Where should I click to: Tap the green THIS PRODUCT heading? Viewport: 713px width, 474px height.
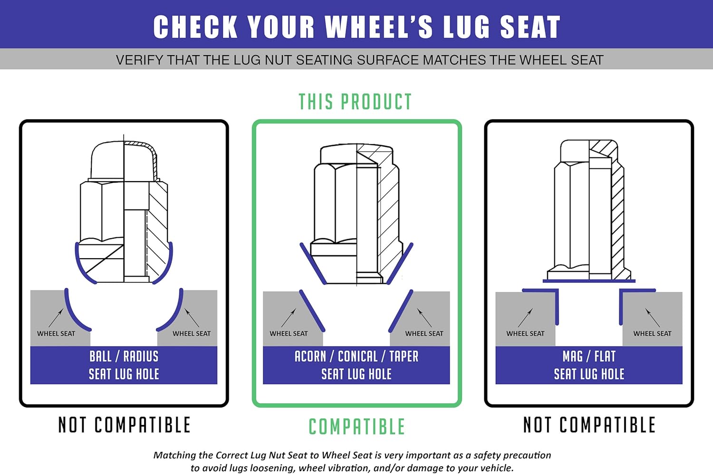[355, 102]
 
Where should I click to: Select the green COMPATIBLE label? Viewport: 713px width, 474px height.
[356, 426]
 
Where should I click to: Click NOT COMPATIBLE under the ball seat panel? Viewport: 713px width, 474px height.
[124, 425]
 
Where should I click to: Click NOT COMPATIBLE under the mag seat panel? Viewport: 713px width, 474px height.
[589, 425]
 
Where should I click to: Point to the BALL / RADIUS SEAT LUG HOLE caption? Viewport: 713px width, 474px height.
[124, 365]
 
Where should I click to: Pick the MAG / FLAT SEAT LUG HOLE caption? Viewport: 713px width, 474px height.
[589, 365]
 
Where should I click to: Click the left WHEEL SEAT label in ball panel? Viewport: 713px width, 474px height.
[56, 334]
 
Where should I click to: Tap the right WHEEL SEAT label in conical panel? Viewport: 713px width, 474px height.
[424, 334]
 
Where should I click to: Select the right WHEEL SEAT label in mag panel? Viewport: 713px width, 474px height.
[652, 334]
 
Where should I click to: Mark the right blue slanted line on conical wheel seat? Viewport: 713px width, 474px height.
[401, 311]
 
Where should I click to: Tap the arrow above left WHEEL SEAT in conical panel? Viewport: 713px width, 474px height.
[289, 318]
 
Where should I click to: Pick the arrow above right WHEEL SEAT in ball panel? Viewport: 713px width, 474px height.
[192, 318]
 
